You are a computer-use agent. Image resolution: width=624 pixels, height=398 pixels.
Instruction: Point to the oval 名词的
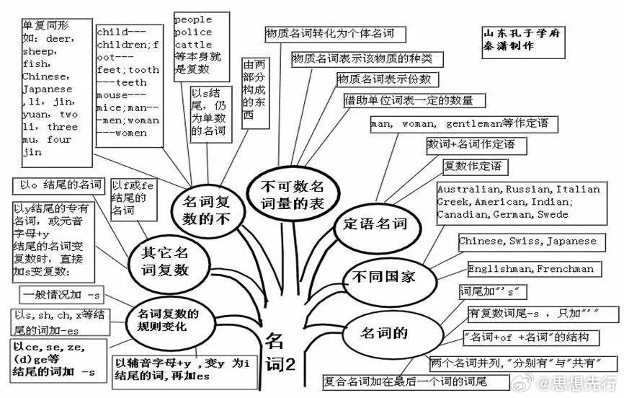[385, 332]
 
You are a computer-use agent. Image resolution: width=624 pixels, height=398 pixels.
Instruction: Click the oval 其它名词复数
[164, 260]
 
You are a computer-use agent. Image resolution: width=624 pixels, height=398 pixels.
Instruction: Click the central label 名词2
[280, 351]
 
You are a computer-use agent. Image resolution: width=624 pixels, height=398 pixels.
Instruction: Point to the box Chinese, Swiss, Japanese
[527, 242]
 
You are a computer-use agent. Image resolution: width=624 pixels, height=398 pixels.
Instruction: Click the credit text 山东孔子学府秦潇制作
[514, 39]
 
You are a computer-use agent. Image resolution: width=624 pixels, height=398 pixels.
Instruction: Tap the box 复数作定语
[476, 167]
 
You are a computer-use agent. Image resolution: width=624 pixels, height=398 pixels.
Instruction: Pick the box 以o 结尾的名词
[61, 185]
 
